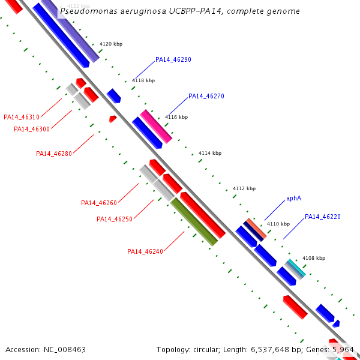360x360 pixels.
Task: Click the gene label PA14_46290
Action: click(173, 59)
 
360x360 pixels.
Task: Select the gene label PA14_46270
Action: click(206, 96)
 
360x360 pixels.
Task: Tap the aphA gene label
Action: click(293, 198)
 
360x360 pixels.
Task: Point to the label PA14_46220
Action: click(322, 217)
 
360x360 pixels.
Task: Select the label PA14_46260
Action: click(99, 203)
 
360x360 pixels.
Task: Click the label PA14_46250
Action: click(115, 219)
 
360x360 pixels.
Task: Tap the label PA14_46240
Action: click(145, 251)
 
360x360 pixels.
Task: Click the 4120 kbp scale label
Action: click(110, 44)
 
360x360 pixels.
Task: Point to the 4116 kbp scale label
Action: click(176, 117)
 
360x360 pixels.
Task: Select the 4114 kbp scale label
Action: click(209, 153)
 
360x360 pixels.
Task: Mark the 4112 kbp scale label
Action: click(244, 188)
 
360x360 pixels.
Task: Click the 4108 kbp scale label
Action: click(313, 258)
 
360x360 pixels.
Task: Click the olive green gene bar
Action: click(194, 222)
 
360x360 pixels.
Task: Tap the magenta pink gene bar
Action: click(156, 126)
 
